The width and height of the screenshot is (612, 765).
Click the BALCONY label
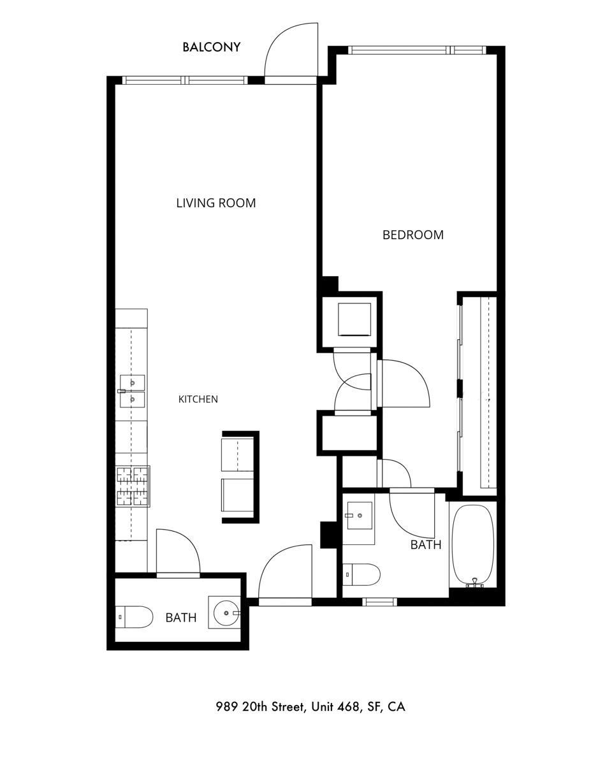click(x=211, y=47)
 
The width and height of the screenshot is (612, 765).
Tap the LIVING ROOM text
click(x=216, y=203)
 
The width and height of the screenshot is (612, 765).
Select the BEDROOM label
click(x=413, y=235)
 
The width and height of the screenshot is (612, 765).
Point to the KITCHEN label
click(x=198, y=399)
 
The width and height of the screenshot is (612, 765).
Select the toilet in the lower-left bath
click(x=134, y=616)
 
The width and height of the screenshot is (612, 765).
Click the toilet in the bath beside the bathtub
click(x=361, y=574)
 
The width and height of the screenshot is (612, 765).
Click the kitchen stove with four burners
click(x=133, y=486)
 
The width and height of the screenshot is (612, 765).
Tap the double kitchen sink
click(x=133, y=391)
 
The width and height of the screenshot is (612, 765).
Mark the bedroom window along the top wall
click(x=417, y=50)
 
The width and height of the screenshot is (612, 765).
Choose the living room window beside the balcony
click(x=185, y=80)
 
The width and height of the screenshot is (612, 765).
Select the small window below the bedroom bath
click(x=380, y=601)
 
